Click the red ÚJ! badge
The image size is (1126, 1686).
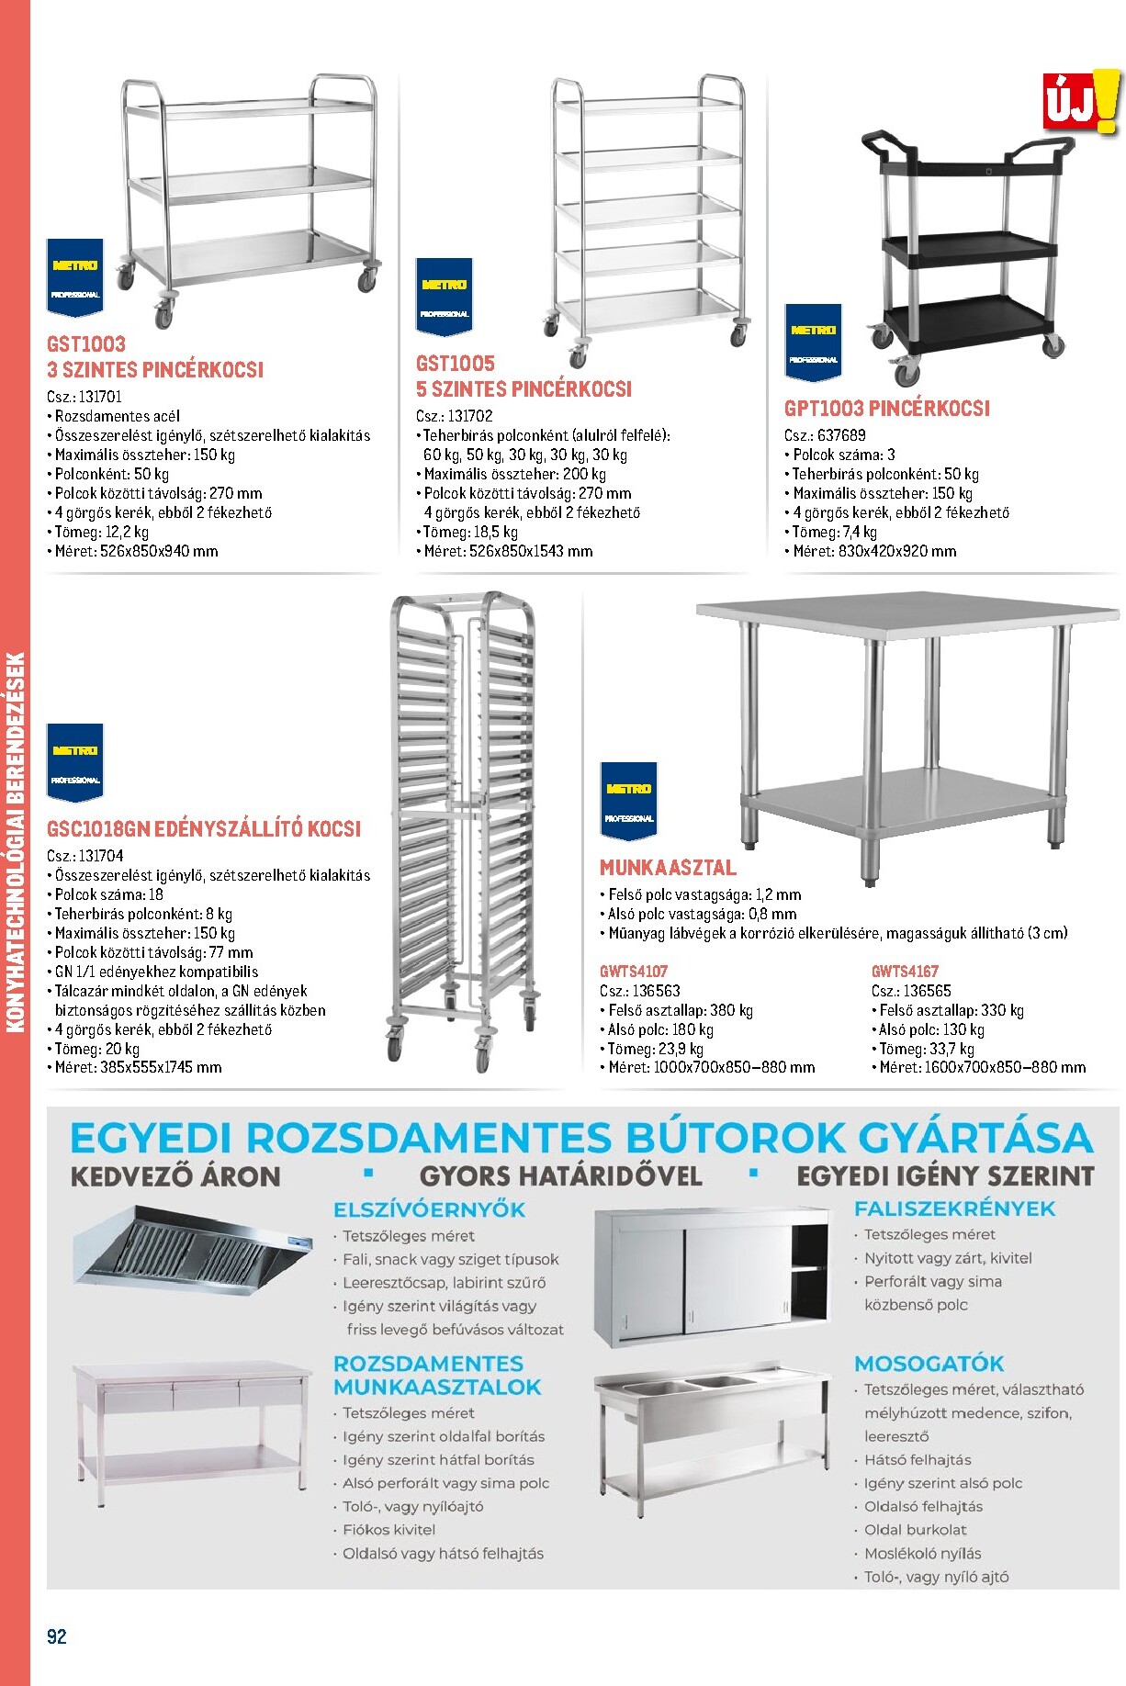coord(1080,103)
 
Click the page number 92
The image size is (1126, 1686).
coord(57,1636)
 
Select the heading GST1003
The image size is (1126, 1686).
coord(86,344)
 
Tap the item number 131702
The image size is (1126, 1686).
coord(470,416)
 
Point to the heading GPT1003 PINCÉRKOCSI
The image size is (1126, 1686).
coord(886,409)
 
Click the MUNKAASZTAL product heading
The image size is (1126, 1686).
coord(668,868)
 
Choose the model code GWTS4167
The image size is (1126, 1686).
coord(905,971)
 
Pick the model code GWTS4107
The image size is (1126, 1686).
coord(634,971)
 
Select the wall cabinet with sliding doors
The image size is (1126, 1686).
coord(710,1276)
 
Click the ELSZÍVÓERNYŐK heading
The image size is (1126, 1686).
coord(429,1209)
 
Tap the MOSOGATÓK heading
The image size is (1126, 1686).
coord(929,1364)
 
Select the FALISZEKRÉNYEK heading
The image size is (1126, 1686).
coord(954,1208)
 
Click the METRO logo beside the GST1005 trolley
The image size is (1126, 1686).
coord(444,294)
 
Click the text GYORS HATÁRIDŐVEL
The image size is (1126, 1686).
coord(560,1176)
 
